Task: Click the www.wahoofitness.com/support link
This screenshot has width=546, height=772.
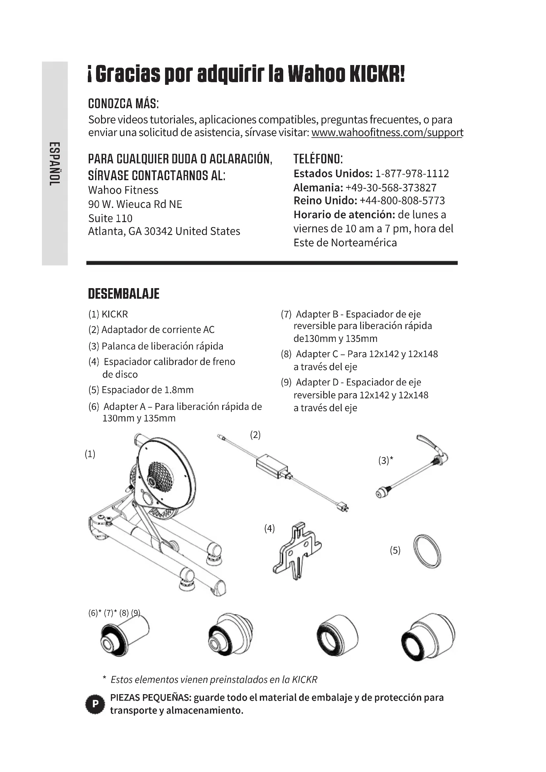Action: pos(387,132)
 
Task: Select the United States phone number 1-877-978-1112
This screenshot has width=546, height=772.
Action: pos(412,174)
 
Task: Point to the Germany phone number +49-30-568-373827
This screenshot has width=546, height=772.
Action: pos(391,187)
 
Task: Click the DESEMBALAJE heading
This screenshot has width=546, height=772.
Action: pos(123,293)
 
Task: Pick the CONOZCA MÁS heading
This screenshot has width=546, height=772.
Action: pos(123,104)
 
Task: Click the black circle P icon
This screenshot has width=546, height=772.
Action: pos(95,704)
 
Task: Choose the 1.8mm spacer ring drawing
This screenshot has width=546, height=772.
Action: pos(427,551)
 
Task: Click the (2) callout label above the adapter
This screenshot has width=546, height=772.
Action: pos(255,435)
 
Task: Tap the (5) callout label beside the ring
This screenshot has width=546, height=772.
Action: pos(395,551)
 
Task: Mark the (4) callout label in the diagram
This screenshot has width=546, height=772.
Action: pos(269,528)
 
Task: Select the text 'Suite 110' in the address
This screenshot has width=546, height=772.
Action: pos(110,218)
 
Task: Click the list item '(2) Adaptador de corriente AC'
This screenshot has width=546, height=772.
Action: pos(151,329)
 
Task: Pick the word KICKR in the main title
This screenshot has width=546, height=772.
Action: pos(377,74)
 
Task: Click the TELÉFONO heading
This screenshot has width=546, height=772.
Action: pos(318,159)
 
